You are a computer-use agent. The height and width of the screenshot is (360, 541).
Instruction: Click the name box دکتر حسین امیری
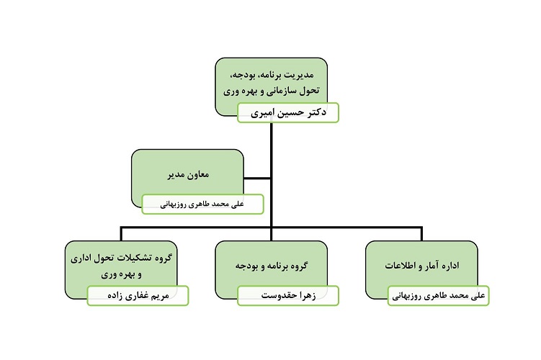click(288, 112)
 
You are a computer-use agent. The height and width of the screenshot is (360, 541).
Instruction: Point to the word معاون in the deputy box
click(199, 174)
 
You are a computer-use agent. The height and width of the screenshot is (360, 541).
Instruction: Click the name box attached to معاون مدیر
click(202, 204)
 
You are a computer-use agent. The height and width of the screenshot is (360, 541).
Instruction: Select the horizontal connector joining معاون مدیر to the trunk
click(256, 179)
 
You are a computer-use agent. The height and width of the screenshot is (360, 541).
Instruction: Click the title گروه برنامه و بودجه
click(272, 266)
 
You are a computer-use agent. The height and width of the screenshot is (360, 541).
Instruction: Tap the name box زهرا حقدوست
click(288, 295)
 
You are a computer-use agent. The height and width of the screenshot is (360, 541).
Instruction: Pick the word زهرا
click(308, 295)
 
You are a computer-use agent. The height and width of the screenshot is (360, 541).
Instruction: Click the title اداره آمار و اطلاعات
click(422, 266)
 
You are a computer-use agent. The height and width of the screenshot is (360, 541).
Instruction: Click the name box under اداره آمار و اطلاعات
click(439, 295)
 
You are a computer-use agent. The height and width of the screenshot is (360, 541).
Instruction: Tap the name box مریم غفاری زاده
click(138, 295)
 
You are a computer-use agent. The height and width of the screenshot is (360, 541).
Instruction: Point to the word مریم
click(161, 295)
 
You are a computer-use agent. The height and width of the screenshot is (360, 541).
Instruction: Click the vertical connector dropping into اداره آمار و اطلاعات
click(421, 234)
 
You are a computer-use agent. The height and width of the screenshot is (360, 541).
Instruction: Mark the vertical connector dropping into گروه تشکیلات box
click(121, 234)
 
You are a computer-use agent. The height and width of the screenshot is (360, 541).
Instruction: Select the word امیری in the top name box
click(262, 112)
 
